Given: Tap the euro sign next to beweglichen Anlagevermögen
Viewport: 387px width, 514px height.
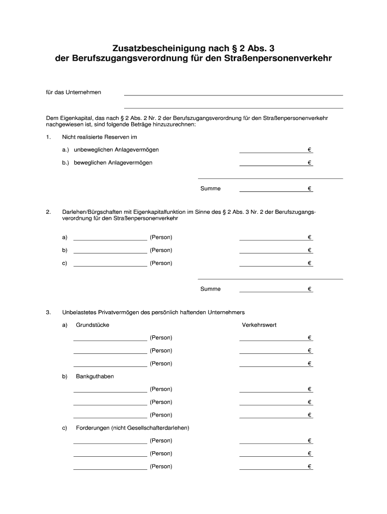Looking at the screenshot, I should [310, 163].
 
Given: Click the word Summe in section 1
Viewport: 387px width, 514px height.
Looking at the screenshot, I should [210, 189].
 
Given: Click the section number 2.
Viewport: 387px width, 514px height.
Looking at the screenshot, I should [48, 212].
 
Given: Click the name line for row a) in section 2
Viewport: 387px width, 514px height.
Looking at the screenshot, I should [110, 239].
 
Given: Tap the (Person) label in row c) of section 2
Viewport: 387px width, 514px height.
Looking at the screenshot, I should [161, 263].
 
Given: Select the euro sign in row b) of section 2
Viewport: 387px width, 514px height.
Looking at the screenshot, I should [310, 250].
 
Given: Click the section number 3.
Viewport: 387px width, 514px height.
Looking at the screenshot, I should [48, 312].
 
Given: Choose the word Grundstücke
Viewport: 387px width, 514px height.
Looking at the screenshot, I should [92, 325].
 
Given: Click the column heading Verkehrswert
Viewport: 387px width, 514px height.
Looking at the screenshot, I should [259, 325].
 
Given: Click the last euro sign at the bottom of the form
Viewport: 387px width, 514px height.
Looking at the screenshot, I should [310, 466].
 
